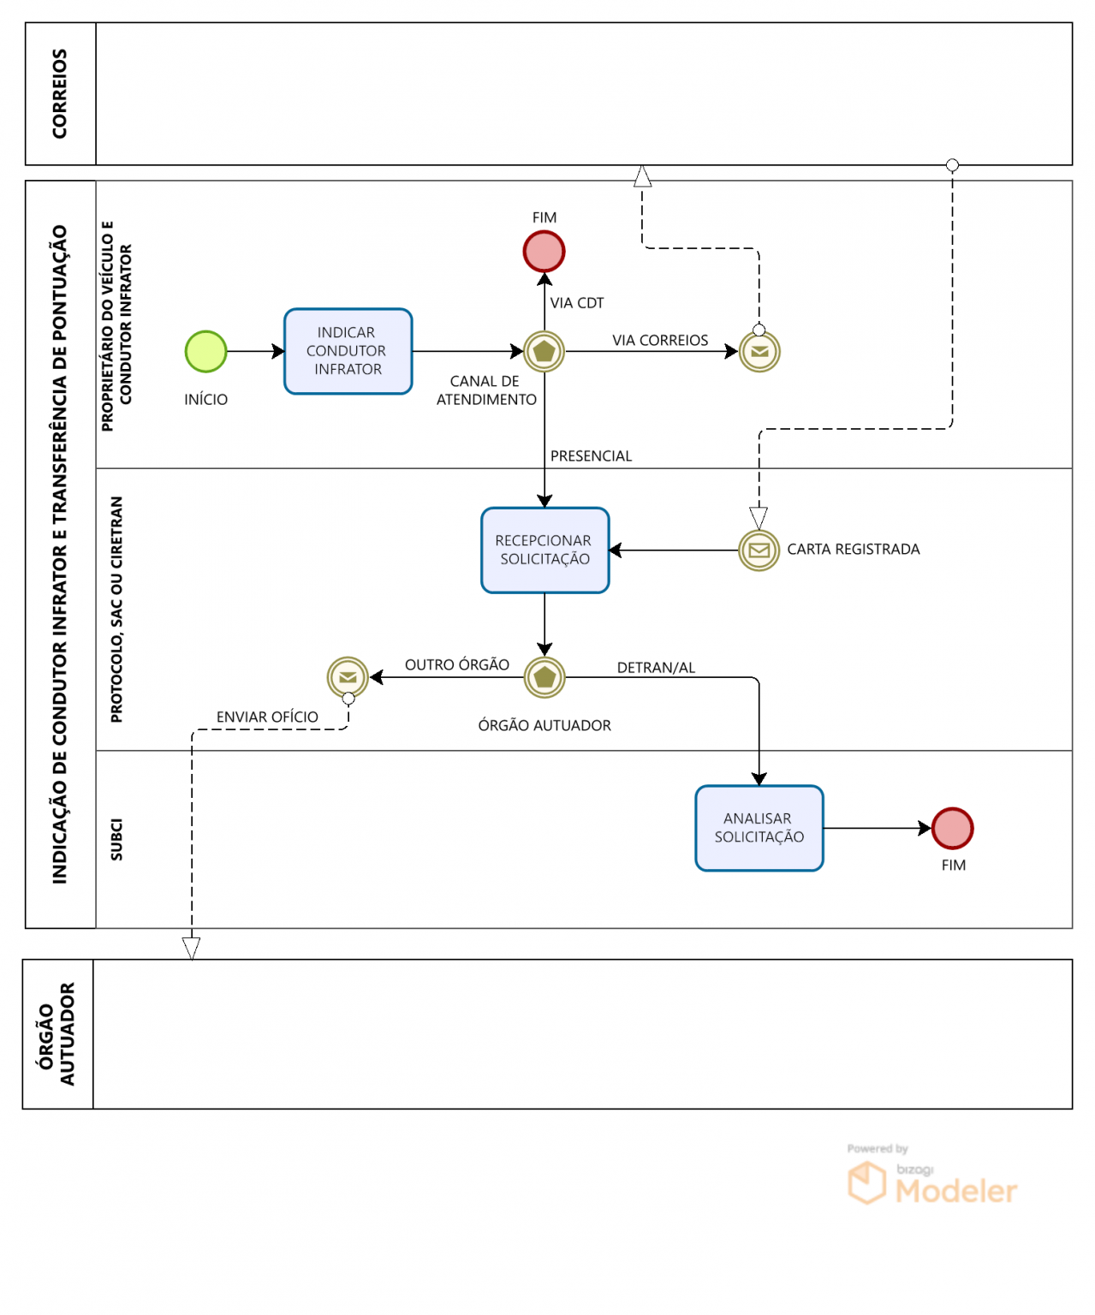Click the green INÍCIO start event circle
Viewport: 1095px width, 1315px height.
pos(205,351)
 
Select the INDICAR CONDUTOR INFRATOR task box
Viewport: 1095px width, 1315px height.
pos(348,351)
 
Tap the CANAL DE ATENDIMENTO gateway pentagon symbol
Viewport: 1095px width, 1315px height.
pos(544,351)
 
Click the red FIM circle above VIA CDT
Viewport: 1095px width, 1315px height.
pos(544,252)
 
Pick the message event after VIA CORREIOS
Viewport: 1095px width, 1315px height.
pos(759,351)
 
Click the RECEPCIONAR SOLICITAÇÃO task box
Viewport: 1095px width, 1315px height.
pos(545,550)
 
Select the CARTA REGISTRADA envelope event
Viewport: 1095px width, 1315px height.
pos(759,550)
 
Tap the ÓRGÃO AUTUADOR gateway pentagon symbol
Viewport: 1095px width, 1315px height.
pos(545,677)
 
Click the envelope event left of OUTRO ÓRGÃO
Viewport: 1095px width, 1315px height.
pos(348,677)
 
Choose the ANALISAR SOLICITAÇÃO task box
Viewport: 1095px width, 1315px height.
pos(759,828)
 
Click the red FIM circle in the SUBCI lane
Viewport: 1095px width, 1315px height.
pos(952,828)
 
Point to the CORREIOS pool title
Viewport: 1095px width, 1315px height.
pos(59,94)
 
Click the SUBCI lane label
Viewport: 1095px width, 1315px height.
pos(116,839)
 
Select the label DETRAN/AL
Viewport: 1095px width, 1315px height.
pos(656,667)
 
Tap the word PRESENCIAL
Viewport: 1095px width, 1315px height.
pos(591,455)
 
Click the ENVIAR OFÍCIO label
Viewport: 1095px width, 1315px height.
pos(267,717)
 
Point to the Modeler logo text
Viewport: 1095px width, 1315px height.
pos(955,1191)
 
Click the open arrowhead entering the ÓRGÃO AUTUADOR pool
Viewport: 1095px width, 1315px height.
pos(192,949)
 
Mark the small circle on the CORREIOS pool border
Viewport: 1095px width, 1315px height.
pos(952,165)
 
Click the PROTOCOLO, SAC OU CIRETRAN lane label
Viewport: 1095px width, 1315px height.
pos(116,609)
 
